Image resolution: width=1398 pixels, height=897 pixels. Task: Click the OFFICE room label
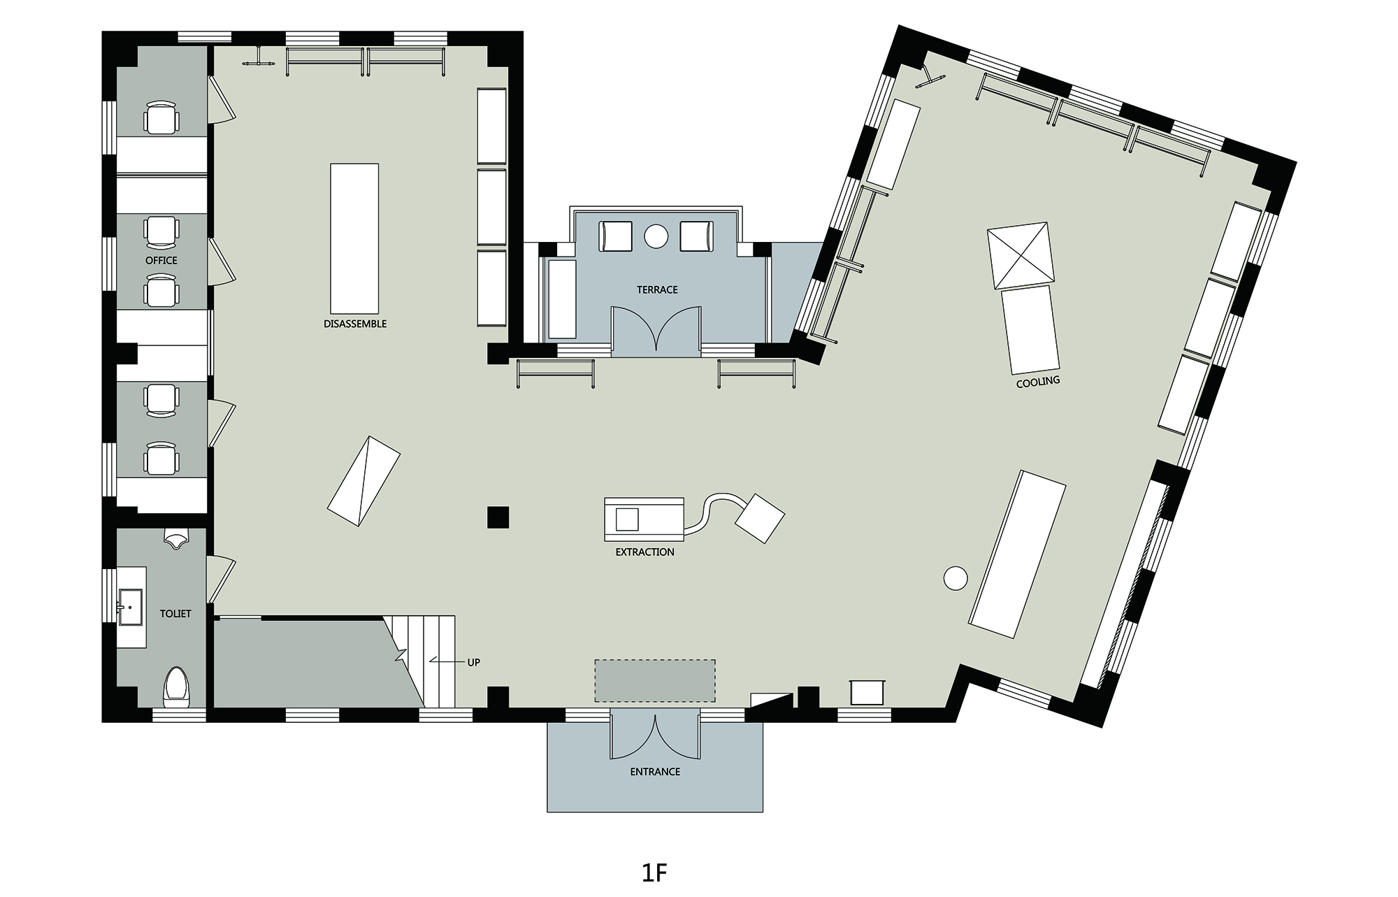click(x=161, y=260)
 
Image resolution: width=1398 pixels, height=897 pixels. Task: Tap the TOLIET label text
click(x=175, y=614)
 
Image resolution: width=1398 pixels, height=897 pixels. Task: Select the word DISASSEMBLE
click(x=355, y=324)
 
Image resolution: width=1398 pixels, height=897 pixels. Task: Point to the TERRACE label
click(x=657, y=289)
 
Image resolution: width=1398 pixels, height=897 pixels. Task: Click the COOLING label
click(x=1038, y=382)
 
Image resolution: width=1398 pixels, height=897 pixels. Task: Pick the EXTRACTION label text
click(x=645, y=552)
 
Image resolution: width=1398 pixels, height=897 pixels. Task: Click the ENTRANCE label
click(x=655, y=772)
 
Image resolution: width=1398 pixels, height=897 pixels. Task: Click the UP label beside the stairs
click(x=474, y=662)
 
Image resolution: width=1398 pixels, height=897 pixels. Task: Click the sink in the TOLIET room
click(x=131, y=608)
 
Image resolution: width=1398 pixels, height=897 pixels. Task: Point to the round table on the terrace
click(x=657, y=236)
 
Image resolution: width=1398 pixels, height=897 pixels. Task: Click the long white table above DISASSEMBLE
click(x=354, y=238)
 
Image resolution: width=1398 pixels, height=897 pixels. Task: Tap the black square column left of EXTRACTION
click(x=498, y=517)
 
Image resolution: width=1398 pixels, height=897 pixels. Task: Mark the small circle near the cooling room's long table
click(x=955, y=578)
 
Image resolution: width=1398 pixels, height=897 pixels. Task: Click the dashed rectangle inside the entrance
click(x=655, y=680)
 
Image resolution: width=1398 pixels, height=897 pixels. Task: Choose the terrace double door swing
click(x=656, y=329)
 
